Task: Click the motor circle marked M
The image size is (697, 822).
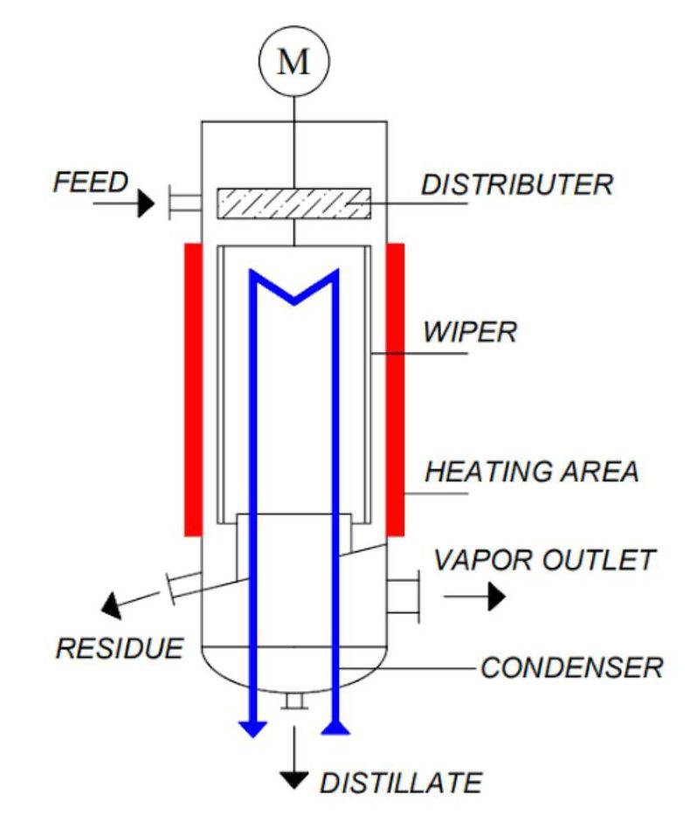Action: click(293, 65)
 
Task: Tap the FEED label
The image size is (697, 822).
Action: click(90, 182)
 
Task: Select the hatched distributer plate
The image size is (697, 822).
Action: click(293, 203)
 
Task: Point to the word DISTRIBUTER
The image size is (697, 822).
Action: click(517, 185)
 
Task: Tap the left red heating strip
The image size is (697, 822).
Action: click(193, 389)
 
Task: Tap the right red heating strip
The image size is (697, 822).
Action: click(396, 389)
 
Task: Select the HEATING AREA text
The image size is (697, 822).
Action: click(532, 472)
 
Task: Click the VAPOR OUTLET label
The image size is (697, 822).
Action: click(544, 559)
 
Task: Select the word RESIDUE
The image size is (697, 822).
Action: click(121, 648)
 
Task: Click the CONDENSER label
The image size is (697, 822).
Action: click(572, 668)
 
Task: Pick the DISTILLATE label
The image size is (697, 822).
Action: click(400, 782)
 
